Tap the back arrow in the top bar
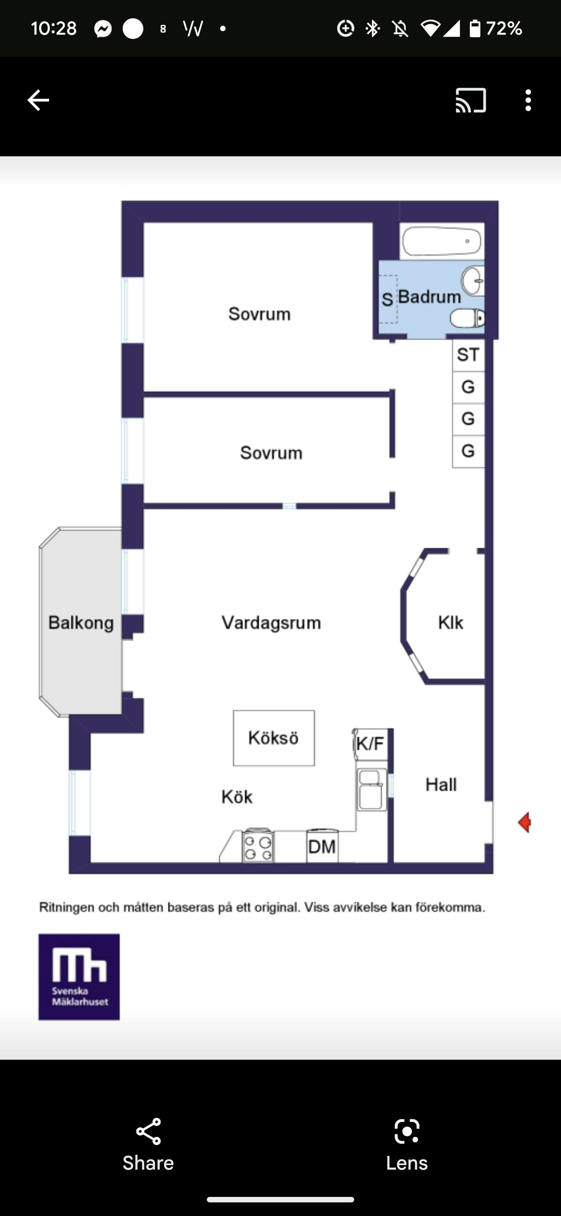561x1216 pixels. pos(38,100)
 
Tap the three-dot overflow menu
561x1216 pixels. pos(528,100)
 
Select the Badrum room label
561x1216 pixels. pos(429,297)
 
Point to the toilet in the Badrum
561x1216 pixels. pos(467,318)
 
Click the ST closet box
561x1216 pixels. pos(468,355)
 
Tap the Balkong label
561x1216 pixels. pos(81,623)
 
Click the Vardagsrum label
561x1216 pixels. pos(271,623)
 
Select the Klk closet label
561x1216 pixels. pos(451,623)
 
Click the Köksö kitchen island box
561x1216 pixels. pos(273,738)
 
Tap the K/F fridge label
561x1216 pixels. pos(370,744)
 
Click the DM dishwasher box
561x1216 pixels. pos(322,847)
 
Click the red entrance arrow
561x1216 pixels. pos(524,822)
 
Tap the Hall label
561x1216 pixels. pos(441,785)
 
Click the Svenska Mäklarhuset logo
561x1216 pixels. pos(79,977)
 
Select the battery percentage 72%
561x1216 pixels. pos(503,29)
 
